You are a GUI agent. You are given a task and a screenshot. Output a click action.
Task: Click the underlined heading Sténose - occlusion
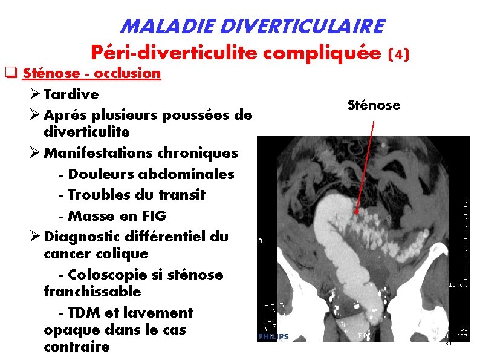point(91,73)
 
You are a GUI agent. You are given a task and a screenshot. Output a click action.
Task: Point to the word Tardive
point(71,94)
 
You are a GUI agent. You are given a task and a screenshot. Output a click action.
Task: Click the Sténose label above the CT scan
point(374,105)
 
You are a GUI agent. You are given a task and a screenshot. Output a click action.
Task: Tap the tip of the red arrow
point(357,213)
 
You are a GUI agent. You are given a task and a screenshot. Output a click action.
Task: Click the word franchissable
point(92,292)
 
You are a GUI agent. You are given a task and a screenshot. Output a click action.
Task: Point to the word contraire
point(77,347)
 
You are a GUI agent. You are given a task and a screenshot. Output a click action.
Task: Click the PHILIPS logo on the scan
point(273,336)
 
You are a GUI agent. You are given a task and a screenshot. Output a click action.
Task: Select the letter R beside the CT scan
point(261,240)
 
